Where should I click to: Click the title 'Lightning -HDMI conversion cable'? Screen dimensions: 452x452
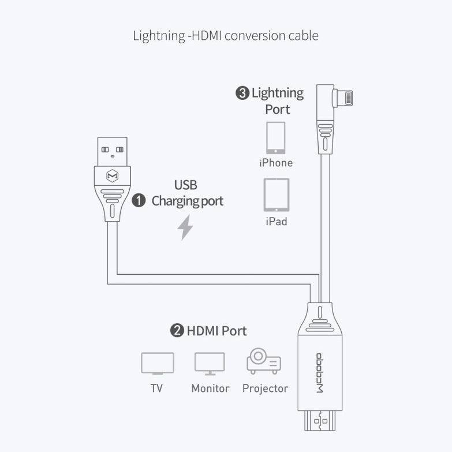(x=226, y=36)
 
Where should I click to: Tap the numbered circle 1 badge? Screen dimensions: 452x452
(x=139, y=201)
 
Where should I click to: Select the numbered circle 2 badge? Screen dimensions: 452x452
(x=177, y=331)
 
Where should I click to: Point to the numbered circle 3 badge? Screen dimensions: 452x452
(x=242, y=93)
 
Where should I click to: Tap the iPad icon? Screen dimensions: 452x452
(x=276, y=195)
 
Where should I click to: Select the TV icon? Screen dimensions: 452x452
(x=157, y=364)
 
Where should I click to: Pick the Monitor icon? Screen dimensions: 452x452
(x=210, y=364)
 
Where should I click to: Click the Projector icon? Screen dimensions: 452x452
(x=264, y=363)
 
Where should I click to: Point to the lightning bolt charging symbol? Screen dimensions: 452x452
(x=185, y=227)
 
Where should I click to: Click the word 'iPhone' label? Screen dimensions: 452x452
(x=276, y=163)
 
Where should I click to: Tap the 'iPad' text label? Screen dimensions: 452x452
(x=276, y=222)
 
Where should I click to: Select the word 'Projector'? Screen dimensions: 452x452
(x=265, y=389)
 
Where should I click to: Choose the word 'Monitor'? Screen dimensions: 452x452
(x=210, y=389)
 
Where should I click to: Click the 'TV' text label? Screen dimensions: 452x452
(x=156, y=389)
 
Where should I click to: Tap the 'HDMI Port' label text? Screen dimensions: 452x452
(x=216, y=331)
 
